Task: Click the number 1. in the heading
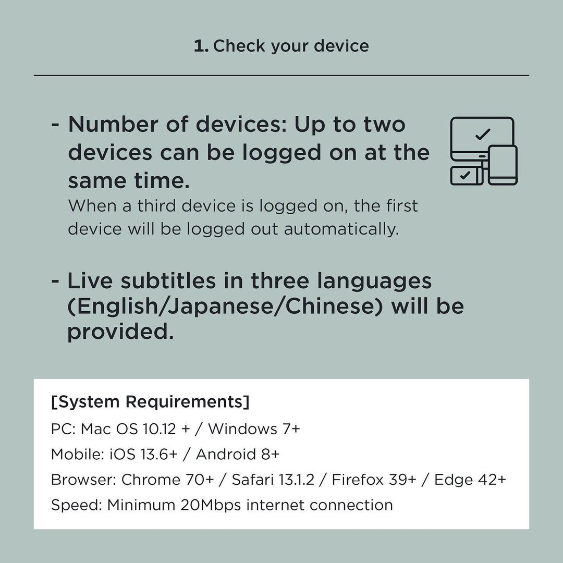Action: coord(201,46)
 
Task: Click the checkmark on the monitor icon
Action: coord(483,134)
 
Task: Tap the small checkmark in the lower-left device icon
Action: coord(465,175)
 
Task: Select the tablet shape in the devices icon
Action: coord(503,165)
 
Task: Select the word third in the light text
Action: coord(156,206)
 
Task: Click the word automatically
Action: coord(341,229)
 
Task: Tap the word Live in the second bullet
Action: coord(90,280)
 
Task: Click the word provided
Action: coord(120,332)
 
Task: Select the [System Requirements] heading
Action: coord(150,401)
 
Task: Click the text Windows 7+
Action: coord(254,429)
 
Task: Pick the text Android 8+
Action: coord(238,454)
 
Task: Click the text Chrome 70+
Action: coord(168,480)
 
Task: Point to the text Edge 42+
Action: coord(470,480)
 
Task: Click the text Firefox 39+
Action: coord(374,480)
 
